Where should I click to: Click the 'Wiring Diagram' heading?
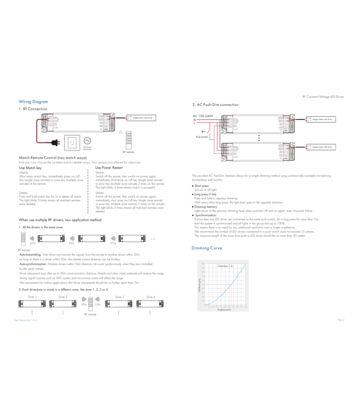pyautogui.click(x=33, y=102)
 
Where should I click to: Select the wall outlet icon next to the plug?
pyautogui.click(x=71, y=142)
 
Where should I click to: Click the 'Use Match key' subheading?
pyautogui.click(x=30, y=168)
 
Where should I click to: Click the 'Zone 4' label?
pyautogui.click(x=151, y=297)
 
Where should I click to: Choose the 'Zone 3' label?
pyautogui.click(x=120, y=297)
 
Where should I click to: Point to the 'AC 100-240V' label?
pyautogui.click(x=203, y=115)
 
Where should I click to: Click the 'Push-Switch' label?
pyautogui.click(x=202, y=136)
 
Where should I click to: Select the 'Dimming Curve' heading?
pyautogui.click(x=207, y=248)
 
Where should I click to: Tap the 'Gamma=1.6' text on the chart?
pyautogui.click(x=224, y=266)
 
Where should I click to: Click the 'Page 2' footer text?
pyautogui.click(x=340, y=320)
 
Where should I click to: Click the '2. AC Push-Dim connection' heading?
pyautogui.click(x=215, y=105)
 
